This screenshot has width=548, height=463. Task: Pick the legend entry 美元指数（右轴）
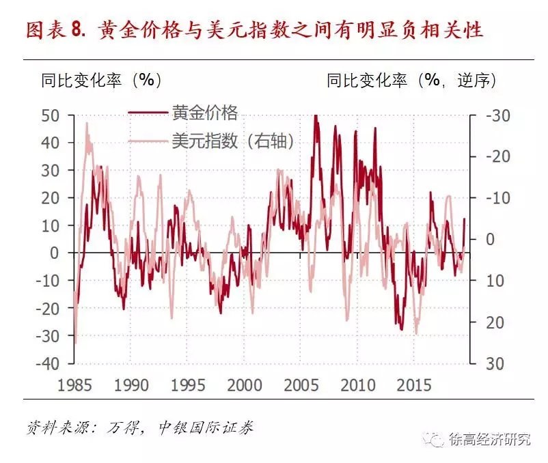point(233,141)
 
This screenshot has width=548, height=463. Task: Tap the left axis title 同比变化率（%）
point(101,80)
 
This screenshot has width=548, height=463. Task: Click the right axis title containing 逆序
point(411,80)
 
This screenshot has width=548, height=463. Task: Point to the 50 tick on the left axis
point(50,115)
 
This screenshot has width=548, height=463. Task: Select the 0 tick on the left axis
point(55,253)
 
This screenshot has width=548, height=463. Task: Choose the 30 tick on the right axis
point(494,363)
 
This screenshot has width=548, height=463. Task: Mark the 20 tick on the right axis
point(494,322)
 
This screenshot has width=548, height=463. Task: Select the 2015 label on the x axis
point(415,384)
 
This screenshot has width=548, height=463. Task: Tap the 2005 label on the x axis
point(301,384)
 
